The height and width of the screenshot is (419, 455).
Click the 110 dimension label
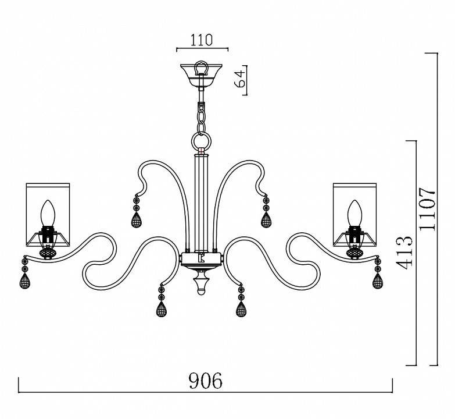202,40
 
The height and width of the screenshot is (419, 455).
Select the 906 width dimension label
206,381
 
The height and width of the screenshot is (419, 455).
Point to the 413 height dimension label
404,252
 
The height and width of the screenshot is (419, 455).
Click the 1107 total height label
428,209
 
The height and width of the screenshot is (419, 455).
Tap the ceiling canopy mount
201,74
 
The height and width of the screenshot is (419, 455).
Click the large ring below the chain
201,141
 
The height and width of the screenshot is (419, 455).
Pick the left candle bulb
48,212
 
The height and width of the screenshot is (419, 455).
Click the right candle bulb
355,212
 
